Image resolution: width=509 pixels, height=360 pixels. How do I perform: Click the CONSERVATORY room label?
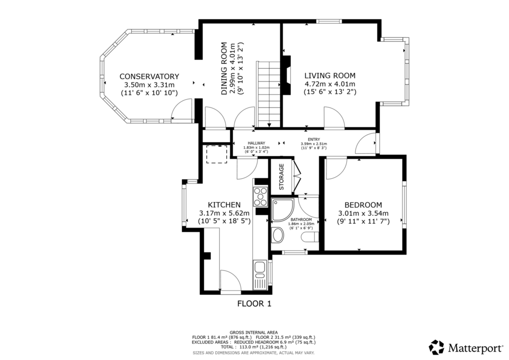[149, 77]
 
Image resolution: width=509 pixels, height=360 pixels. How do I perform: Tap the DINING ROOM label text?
[224, 69]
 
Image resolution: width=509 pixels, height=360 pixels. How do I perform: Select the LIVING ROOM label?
[330, 76]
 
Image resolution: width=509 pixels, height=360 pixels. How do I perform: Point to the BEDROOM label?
[363, 205]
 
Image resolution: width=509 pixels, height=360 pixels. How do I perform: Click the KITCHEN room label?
[224, 205]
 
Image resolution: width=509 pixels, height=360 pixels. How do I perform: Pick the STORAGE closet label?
[281, 177]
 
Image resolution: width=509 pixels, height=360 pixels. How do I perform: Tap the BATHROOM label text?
[301, 220]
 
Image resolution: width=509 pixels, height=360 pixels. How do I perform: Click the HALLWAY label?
[256, 143]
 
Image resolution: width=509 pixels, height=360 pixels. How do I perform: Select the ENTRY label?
[314, 140]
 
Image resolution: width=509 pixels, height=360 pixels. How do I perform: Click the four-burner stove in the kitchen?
[260, 197]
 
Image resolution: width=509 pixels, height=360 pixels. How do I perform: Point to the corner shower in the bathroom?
[282, 209]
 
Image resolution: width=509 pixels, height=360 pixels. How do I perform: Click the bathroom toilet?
[310, 237]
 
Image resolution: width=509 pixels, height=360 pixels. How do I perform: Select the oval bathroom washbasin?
[278, 235]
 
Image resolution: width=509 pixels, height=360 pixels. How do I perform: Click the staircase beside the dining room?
[268, 94]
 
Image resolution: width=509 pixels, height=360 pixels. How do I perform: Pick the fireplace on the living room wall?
[287, 75]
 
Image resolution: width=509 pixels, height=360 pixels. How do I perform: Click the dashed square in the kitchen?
[217, 154]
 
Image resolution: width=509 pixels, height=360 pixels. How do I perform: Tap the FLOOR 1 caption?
[254, 304]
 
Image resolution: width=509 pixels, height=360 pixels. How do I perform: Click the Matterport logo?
[466, 348]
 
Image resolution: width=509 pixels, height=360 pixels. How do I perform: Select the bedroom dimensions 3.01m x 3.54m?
[363, 214]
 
